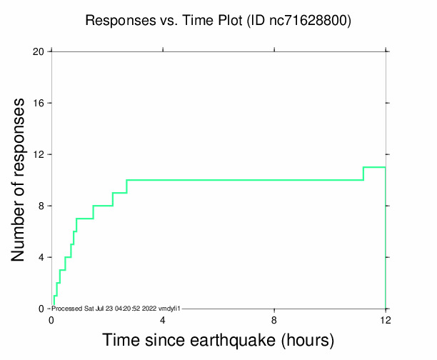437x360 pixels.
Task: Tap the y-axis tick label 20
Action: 39,51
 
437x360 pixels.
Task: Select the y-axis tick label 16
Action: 39,103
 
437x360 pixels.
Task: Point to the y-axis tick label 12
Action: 39,154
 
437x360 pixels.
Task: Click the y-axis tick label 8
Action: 41,206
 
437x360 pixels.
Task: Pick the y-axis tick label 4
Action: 41,257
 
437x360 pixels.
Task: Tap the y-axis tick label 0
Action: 41,309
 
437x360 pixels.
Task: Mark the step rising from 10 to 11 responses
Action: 363,174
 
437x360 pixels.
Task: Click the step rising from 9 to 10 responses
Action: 126,186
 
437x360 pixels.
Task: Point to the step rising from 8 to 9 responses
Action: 113,199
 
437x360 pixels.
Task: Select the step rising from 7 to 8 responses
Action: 93,212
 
